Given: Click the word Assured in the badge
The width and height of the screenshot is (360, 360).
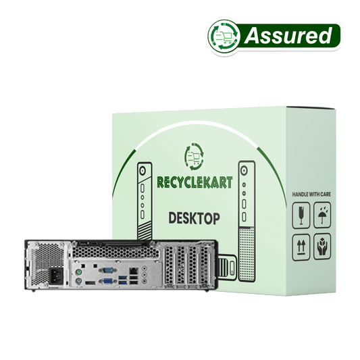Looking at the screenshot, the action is pyautogui.click(x=288, y=36).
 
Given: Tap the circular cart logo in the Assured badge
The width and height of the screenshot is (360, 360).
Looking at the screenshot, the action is pyautogui.click(x=224, y=36).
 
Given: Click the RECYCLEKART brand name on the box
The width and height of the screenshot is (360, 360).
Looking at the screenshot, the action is pyautogui.click(x=195, y=182).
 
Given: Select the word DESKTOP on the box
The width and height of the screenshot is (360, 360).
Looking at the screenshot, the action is pyautogui.click(x=194, y=218).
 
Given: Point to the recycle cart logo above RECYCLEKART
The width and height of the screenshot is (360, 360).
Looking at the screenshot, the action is pyautogui.click(x=194, y=157).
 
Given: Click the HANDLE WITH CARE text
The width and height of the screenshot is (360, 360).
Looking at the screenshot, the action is pyautogui.click(x=311, y=195).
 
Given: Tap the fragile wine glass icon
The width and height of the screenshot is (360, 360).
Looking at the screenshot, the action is pyautogui.click(x=301, y=215).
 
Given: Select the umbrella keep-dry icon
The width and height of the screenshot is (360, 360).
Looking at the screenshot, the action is pyautogui.click(x=322, y=215).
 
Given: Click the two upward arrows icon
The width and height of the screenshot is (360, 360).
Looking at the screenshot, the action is pyautogui.click(x=301, y=248).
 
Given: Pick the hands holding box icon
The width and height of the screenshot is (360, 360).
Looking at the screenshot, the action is pyautogui.click(x=322, y=247).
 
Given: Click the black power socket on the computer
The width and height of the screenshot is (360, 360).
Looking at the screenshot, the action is pyautogui.click(x=56, y=277).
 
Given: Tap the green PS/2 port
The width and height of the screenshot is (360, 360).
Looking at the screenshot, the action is pyautogui.click(x=79, y=272).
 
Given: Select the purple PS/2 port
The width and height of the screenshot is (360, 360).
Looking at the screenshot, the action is pyautogui.click(x=78, y=281).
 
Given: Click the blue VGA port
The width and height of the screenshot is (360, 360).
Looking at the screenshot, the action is pyautogui.click(x=107, y=280).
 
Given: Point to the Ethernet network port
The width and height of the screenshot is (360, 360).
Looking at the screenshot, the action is pyautogui.click(x=133, y=270).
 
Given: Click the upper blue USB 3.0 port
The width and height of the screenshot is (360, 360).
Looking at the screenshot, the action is pyautogui.click(x=123, y=278).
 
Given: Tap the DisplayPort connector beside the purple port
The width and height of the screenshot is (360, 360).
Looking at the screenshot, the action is pyautogui.click(x=91, y=283).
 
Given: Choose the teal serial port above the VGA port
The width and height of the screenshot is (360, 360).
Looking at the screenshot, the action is pyautogui.click(x=107, y=270).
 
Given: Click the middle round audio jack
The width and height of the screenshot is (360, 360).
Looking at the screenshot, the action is pyautogui.click(x=145, y=275).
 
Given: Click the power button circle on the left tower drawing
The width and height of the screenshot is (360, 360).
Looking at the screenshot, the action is pyautogui.click(x=143, y=171).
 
